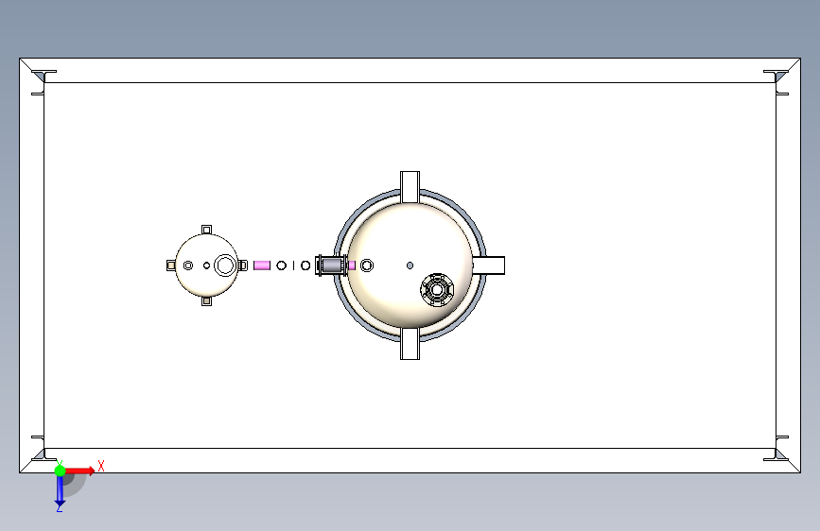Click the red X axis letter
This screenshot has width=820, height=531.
tap(101, 466)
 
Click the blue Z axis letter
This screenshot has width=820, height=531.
tap(60, 507)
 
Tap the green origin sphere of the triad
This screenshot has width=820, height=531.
tap(61, 471)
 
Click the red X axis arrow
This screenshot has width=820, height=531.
tap(79, 471)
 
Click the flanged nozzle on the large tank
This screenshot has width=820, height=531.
tap(437, 289)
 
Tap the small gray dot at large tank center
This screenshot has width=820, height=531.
tap(410, 265)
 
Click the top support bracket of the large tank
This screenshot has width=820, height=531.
tap(410, 186)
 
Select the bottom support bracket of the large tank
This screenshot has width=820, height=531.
tap(410, 344)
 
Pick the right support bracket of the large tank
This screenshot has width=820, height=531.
tap(488, 265)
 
